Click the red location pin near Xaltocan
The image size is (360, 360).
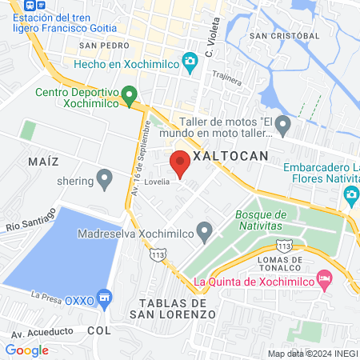click(x=180, y=162)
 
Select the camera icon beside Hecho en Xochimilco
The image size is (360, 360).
click(x=190, y=61)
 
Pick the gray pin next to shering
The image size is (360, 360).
click(x=104, y=178)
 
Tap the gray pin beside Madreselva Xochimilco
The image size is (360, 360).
click(x=205, y=233)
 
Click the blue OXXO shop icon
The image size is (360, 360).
click(x=103, y=298)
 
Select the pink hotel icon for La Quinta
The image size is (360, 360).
click(x=324, y=280)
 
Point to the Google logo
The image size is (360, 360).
click(x=27, y=350)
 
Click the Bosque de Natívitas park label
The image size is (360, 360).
click(x=261, y=221)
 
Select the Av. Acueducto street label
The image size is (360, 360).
click(x=42, y=331)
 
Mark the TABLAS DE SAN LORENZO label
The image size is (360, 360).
click(x=177, y=309)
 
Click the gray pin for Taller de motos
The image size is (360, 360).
click(x=282, y=126)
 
